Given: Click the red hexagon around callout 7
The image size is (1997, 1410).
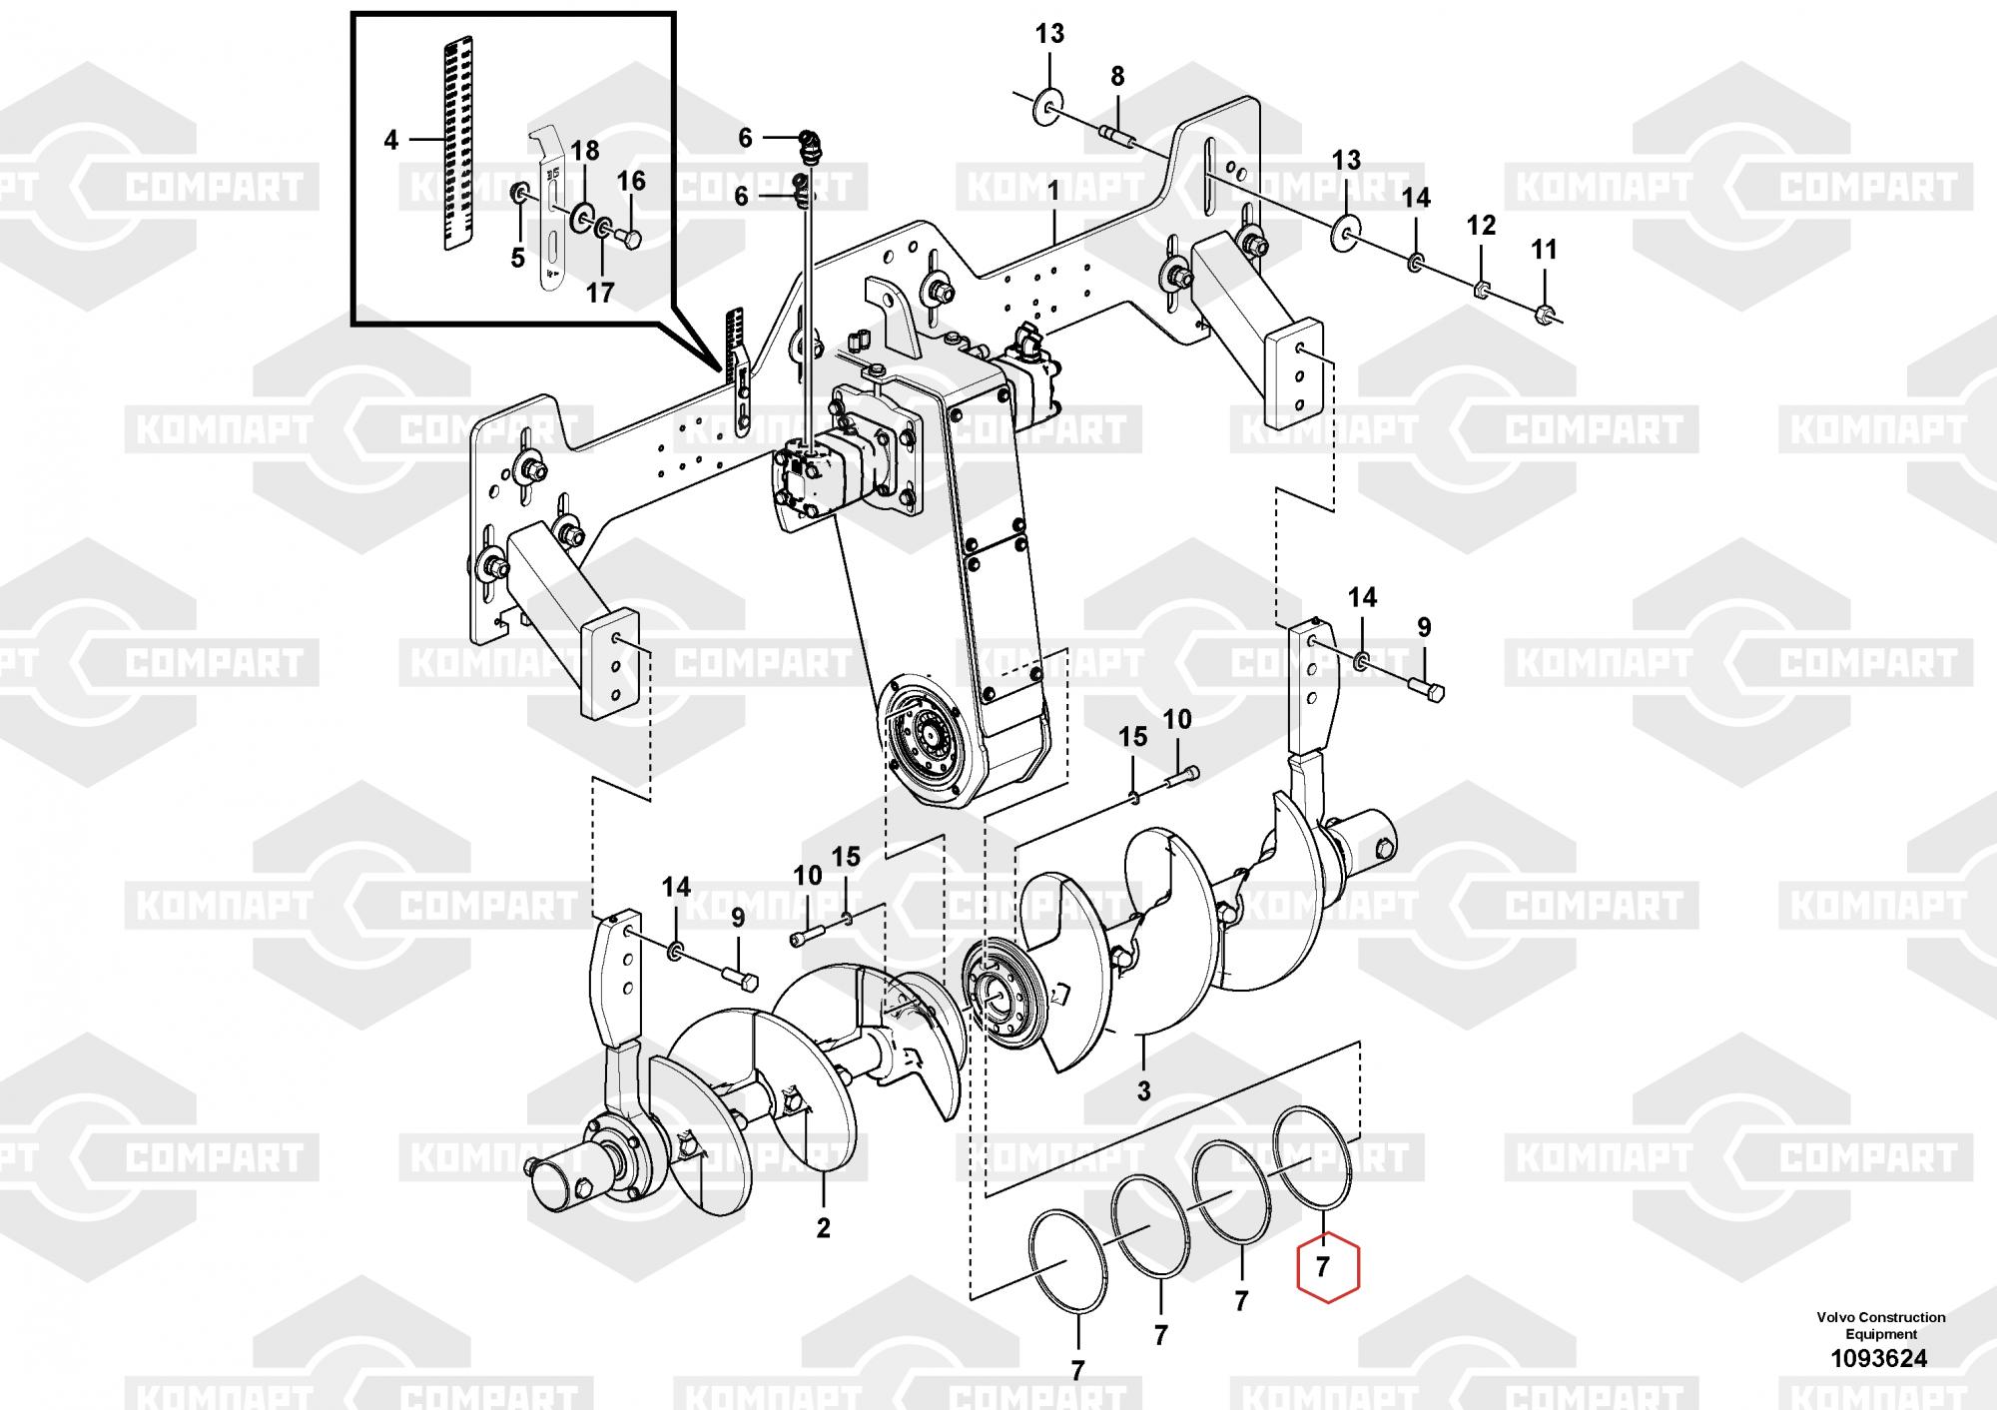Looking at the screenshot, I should [1327, 1267].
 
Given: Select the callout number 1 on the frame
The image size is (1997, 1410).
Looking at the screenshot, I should [1053, 188].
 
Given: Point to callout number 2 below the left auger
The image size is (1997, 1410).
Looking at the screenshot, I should [823, 1227].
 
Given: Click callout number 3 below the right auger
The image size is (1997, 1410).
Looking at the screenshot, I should [1143, 1090].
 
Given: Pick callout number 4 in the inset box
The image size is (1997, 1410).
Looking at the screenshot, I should [390, 140].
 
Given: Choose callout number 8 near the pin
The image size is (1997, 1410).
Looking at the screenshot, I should [1117, 76].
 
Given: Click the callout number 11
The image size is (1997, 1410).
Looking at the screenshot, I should [1544, 249].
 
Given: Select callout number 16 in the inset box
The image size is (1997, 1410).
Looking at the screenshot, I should [631, 181].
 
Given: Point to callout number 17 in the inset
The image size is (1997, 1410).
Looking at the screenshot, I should [600, 293].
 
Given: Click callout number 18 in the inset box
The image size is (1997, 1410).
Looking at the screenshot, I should [584, 151].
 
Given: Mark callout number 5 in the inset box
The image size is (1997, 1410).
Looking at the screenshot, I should [517, 258].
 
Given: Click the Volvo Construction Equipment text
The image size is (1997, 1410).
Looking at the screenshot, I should [1880, 1325].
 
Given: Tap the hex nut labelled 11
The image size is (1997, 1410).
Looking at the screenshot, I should [1545, 315].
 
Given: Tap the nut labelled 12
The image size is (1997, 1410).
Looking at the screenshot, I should [1482, 291].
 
